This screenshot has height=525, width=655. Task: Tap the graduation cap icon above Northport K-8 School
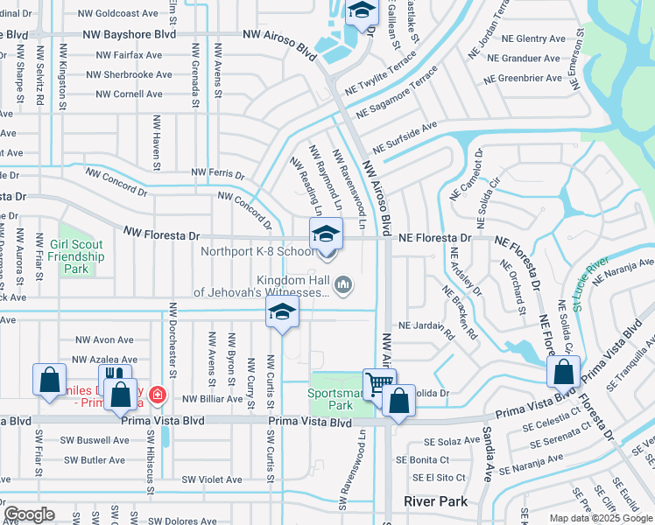(x=325, y=234)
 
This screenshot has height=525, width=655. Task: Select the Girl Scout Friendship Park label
(x=76, y=251)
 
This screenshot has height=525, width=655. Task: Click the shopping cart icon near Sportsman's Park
(x=378, y=383)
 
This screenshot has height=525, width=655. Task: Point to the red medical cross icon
(x=157, y=395)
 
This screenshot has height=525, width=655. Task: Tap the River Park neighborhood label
(x=436, y=501)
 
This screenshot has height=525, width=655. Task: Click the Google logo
(x=30, y=514)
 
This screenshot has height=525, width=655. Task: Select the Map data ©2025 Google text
(x=601, y=518)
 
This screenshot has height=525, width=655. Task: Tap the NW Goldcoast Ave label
(x=117, y=14)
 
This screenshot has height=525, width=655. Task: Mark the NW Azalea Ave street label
(x=106, y=360)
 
